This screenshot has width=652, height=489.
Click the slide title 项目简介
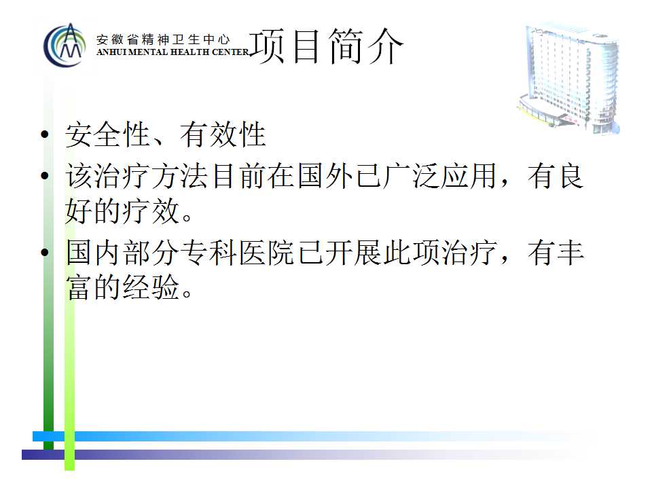[327, 46]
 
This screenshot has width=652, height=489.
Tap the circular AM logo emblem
[65, 46]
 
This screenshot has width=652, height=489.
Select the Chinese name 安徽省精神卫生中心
[163, 39]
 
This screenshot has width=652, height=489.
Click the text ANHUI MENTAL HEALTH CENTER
[173, 52]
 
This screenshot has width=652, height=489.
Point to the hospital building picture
[569, 78]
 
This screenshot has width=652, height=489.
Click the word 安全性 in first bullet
[108, 134]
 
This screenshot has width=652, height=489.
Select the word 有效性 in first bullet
[223, 134]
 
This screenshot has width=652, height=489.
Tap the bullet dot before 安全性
[45, 134]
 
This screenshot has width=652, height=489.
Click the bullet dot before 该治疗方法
[45, 175]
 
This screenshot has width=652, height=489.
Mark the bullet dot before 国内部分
[45, 252]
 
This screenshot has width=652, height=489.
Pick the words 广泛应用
[440, 176]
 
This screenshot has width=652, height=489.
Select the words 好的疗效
[123, 211]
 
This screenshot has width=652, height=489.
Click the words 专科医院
[238, 253]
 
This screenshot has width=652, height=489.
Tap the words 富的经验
[123, 287]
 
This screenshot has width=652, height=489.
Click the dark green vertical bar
[49, 266]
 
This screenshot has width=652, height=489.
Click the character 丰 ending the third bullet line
[570, 253]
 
